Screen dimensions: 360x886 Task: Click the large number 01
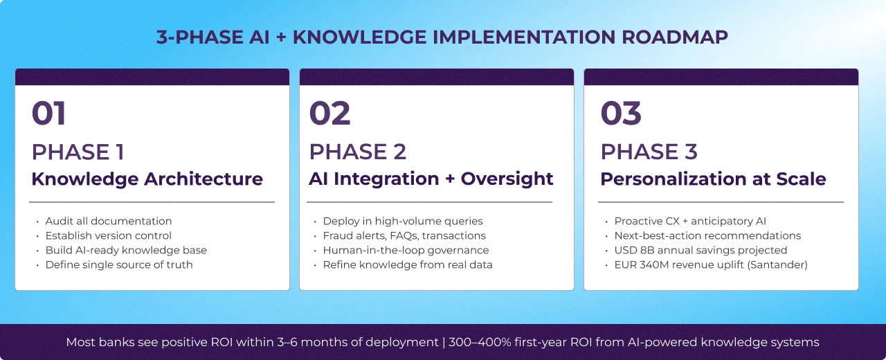(49, 114)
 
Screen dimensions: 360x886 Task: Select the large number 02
(329, 114)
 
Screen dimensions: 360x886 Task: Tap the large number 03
(621, 114)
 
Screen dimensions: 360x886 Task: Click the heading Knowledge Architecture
(147, 179)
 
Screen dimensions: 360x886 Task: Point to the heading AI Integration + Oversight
(431, 179)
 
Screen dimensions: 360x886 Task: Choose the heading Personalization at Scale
(713, 179)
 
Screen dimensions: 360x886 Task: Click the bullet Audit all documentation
(109, 221)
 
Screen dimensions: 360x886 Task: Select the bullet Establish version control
(109, 235)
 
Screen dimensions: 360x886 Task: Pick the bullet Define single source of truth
(119, 264)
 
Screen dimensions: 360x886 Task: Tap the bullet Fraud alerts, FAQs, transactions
(404, 235)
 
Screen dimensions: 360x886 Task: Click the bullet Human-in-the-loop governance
(406, 250)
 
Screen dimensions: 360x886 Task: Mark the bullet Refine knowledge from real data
(408, 264)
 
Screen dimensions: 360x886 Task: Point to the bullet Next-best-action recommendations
(707, 235)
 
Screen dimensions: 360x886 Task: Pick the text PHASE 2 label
(357, 152)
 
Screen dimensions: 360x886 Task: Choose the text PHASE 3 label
(649, 152)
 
